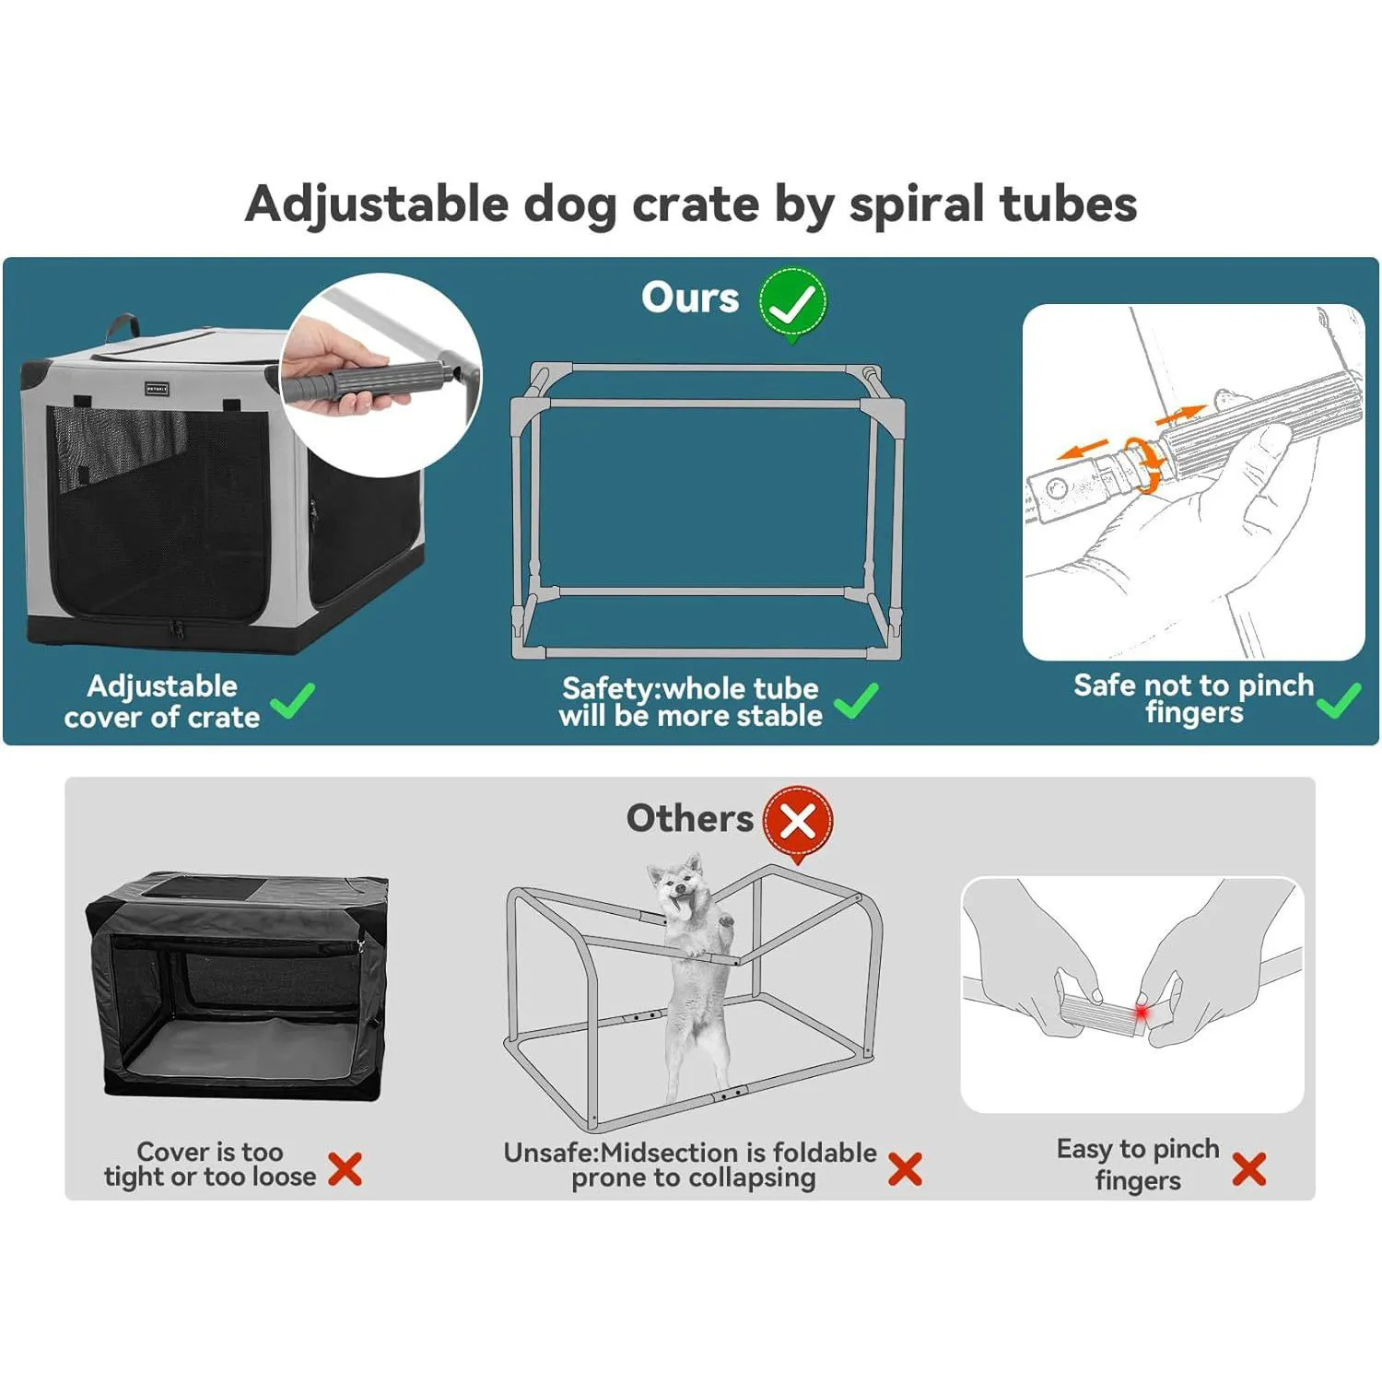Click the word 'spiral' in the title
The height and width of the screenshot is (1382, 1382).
(x=916, y=205)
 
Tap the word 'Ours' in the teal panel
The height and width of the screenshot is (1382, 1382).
(x=690, y=298)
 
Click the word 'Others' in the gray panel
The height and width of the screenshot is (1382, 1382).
(x=689, y=818)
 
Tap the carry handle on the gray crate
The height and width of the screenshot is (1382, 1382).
(x=122, y=325)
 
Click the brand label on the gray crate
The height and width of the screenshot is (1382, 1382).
(x=157, y=390)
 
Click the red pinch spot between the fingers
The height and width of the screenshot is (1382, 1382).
(x=1142, y=1013)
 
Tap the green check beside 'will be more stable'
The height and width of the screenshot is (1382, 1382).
(x=856, y=701)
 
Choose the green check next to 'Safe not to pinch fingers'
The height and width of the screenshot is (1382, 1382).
(x=1339, y=700)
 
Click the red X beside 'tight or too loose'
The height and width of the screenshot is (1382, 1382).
(x=345, y=1168)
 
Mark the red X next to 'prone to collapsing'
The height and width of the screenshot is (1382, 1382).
(x=905, y=1168)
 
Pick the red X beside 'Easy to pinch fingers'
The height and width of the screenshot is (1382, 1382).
(x=1248, y=1168)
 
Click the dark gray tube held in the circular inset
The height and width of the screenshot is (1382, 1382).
(x=369, y=380)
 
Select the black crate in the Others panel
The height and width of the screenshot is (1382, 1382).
(x=236, y=986)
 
